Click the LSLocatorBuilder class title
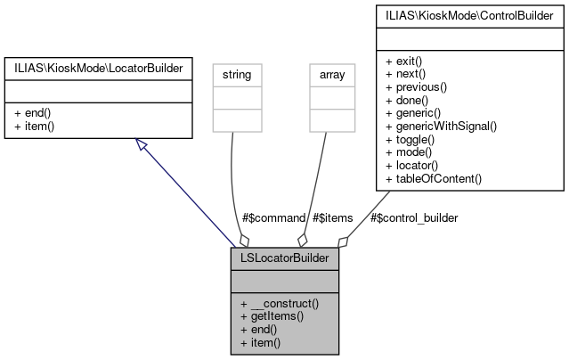[x=285, y=259]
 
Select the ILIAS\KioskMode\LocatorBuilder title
[x=98, y=67]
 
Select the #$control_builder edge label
[x=413, y=217]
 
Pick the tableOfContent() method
[x=434, y=178]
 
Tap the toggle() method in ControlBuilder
[x=410, y=140]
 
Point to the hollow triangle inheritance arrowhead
[x=138, y=143]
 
